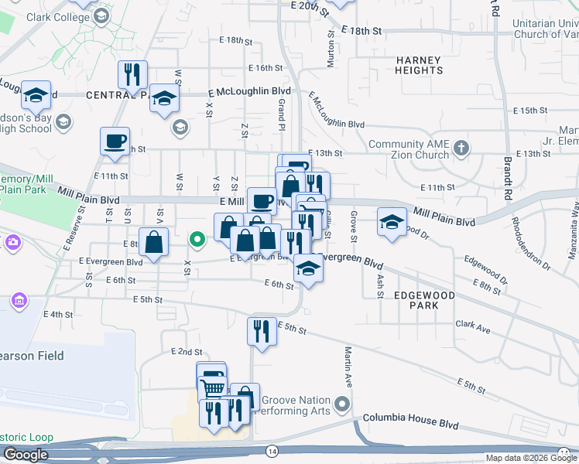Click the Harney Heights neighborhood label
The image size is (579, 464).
click(419, 65)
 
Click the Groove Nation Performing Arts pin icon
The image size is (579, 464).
click(341, 404)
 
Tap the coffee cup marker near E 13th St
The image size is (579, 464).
click(115, 142)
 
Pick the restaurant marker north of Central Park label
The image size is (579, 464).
click(132, 74)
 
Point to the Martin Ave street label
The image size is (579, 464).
click(348, 367)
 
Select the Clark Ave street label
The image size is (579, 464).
click(473, 327)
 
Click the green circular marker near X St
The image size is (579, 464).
click(197, 239)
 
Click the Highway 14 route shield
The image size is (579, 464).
click(272, 449)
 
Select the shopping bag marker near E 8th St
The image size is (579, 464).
click(154, 241)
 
